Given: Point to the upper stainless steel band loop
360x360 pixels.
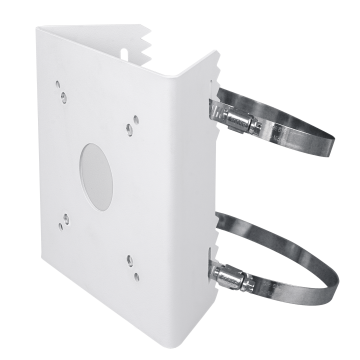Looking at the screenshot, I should [300, 130].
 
